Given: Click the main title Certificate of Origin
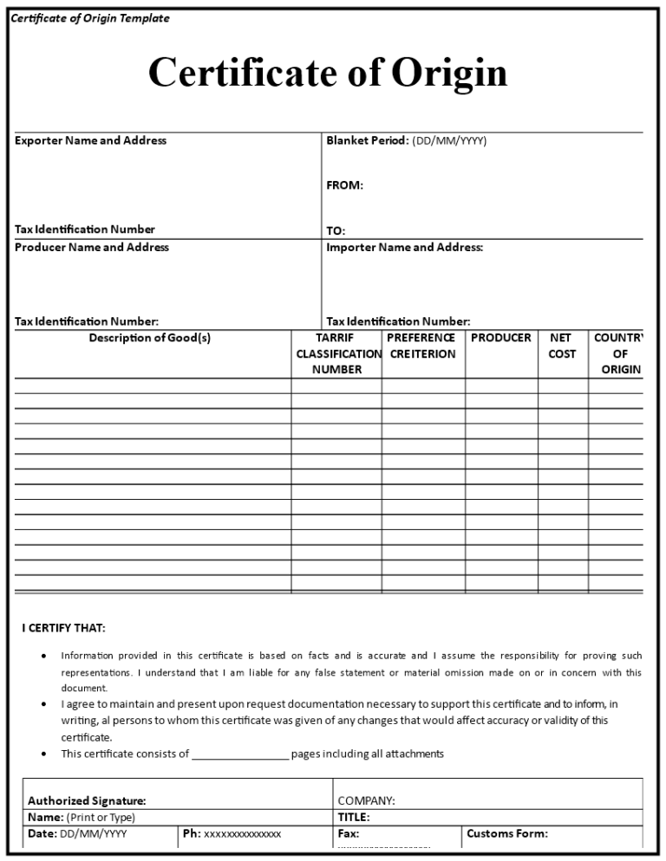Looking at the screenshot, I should tap(327, 73).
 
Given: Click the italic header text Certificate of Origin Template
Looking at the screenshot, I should tap(90, 18).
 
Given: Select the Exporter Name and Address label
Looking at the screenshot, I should tap(90, 140).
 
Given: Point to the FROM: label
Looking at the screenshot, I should tap(344, 185).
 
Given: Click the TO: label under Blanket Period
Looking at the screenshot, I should tap(336, 231).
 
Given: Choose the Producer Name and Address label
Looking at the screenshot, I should tap(92, 248).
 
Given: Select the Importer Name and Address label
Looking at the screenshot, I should tap(404, 248).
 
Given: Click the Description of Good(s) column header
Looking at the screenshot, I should tap(149, 338).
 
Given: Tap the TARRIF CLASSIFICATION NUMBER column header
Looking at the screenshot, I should tap(336, 353).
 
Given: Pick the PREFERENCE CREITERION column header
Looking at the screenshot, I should tap(421, 346).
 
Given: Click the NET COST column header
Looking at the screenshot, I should tap(562, 346).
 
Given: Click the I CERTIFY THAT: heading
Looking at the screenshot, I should tap(64, 628).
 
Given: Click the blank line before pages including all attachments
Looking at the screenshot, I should tap(240, 754).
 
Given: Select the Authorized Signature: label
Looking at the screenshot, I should tap(87, 801).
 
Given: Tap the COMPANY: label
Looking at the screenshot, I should tap(366, 801).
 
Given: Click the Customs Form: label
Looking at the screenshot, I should tap(507, 834).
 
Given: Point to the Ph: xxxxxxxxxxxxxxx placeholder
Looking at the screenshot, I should tap(232, 834).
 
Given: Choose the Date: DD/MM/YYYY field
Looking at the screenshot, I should tap(77, 834).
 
